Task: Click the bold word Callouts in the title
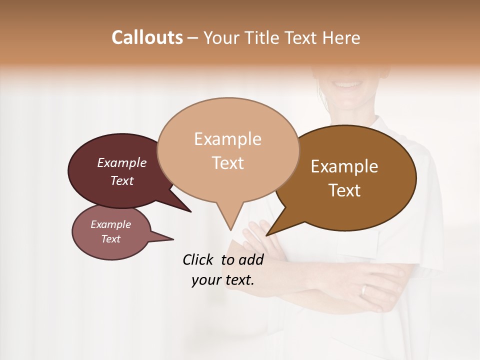pos(147,37)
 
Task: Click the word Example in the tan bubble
pos(227,139)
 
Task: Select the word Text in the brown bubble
pos(344,190)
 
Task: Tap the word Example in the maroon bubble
pos(122,162)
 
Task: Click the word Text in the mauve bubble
pos(111,239)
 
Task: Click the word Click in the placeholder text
pos(198,259)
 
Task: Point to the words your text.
pos(223,280)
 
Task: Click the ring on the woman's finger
pos(364,290)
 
